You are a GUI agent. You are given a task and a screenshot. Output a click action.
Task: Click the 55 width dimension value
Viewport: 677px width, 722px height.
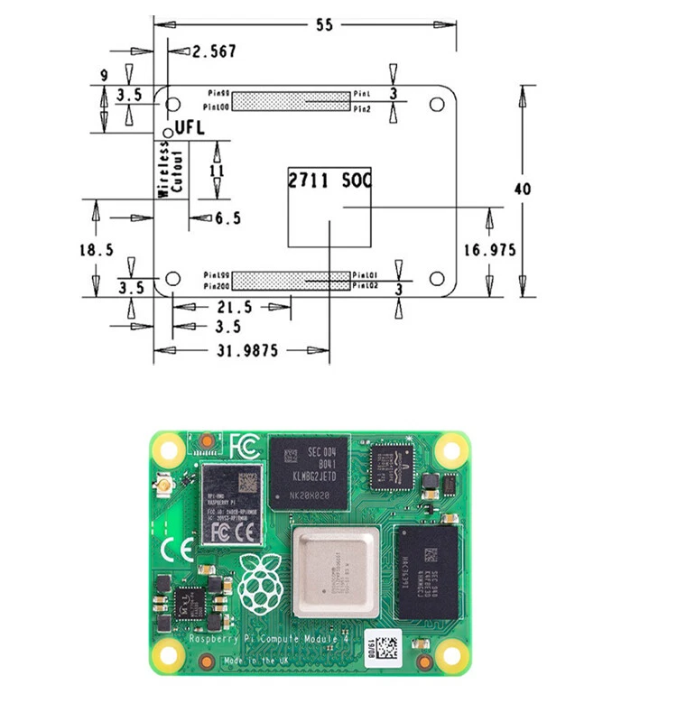click(323, 25)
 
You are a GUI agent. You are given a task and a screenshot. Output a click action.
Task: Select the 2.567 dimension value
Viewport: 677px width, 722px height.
click(214, 51)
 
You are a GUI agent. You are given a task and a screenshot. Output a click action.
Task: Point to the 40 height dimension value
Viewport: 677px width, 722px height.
click(522, 190)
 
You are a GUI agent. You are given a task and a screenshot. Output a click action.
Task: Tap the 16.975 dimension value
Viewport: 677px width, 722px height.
click(492, 250)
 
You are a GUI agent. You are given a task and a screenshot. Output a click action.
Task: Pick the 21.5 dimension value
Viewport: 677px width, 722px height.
click(235, 308)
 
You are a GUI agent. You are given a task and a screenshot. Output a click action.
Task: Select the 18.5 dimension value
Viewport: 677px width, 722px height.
click(96, 250)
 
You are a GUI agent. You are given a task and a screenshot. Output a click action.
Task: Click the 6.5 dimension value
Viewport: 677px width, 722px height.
click(228, 218)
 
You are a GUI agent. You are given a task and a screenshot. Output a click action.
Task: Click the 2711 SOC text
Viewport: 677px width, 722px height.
click(329, 180)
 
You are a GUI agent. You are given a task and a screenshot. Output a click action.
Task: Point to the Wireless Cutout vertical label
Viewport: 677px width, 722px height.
click(172, 169)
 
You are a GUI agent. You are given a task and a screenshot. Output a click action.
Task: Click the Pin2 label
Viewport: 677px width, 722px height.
click(362, 108)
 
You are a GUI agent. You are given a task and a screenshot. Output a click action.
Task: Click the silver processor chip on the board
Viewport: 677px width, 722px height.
click(335, 577)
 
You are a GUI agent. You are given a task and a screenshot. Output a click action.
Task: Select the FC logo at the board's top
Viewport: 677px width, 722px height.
click(246, 446)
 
